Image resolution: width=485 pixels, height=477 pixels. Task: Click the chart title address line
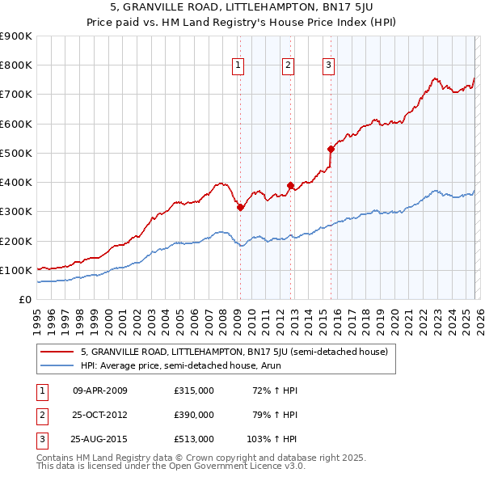point(242,7)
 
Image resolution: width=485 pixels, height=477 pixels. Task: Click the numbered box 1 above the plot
point(239,66)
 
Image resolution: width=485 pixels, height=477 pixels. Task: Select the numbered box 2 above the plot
point(288,66)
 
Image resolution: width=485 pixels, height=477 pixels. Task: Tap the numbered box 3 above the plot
point(329,66)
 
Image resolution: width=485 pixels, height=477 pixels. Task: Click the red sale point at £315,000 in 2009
point(240,208)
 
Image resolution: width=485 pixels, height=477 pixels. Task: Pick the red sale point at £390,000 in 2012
point(291,186)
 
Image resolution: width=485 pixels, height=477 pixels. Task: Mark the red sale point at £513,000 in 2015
point(331,149)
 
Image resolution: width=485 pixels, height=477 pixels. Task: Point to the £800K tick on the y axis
point(16,65)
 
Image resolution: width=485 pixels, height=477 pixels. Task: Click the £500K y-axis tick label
point(16,153)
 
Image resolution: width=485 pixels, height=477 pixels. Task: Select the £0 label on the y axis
point(25,299)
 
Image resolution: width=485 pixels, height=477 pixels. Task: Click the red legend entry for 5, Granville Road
point(234,352)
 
